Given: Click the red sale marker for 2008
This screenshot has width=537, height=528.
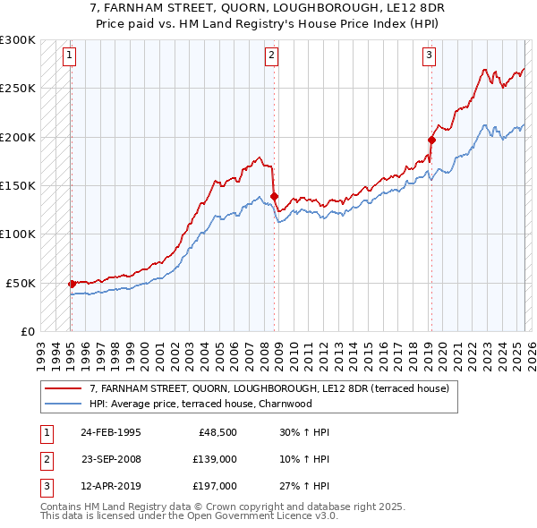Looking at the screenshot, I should (x=274, y=195).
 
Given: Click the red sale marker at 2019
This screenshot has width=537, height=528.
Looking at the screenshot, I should (x=431, y=140).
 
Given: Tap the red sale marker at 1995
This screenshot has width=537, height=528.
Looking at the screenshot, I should (x=72, y=284).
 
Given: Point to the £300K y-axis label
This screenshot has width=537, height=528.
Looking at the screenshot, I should (x=18, y=40).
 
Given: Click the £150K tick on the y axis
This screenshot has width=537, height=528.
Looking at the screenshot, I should (x=18, y=185).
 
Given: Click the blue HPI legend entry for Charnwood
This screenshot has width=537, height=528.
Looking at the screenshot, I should (x=200, y=404).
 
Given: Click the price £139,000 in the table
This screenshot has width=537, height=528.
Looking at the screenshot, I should (x=216, y=459).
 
